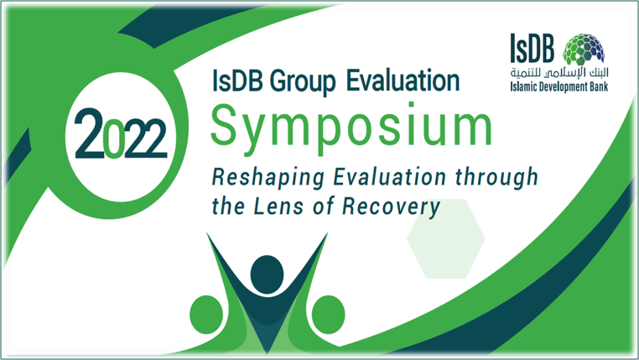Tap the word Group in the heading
pos(303,82)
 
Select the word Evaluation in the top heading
pos(403,81)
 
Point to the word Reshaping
pos(268,178)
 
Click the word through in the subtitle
pos(496,178)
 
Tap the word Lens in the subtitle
pos(279,206)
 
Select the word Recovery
pos(392,207)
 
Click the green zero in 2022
pos(114,138)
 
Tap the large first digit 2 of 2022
pos(89,133)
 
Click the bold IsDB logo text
pos(532,49)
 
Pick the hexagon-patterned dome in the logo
pos(584,50)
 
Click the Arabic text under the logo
pos(559,72)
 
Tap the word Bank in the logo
pos(600,86)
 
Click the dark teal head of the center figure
pos(267,274)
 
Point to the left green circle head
pos(206,315)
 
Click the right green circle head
pos(328,315)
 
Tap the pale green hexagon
pos(446,239)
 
